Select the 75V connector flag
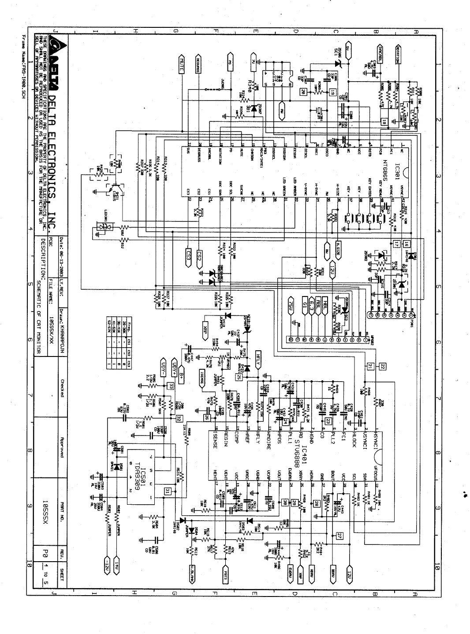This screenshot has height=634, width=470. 291,305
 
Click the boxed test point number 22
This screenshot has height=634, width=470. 383,366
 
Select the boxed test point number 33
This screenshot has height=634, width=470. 171,386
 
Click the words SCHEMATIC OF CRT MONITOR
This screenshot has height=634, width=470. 39,315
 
